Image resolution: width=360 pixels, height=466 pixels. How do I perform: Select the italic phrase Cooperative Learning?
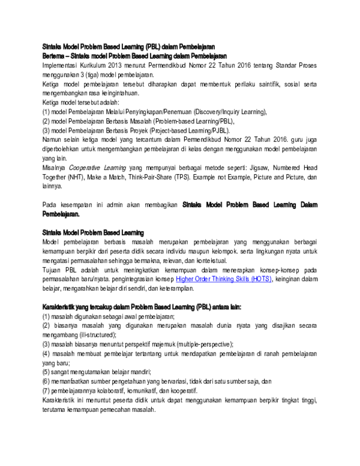(x=93, y=168)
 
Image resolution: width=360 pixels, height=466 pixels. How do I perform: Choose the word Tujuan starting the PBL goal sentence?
(x=53, y=270)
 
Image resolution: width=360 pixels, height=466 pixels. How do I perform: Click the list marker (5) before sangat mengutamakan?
(x=46, y=372)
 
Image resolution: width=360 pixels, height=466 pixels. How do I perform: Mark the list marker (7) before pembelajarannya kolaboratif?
(x=46, y=391)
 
